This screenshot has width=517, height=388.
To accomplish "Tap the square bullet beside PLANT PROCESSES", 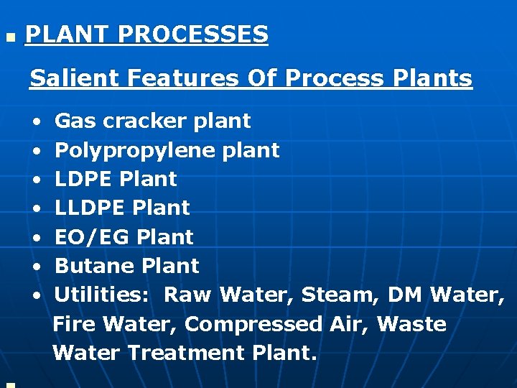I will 9,35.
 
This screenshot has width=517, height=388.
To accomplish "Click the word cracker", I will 146,121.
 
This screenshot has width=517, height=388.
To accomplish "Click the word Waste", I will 411,324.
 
